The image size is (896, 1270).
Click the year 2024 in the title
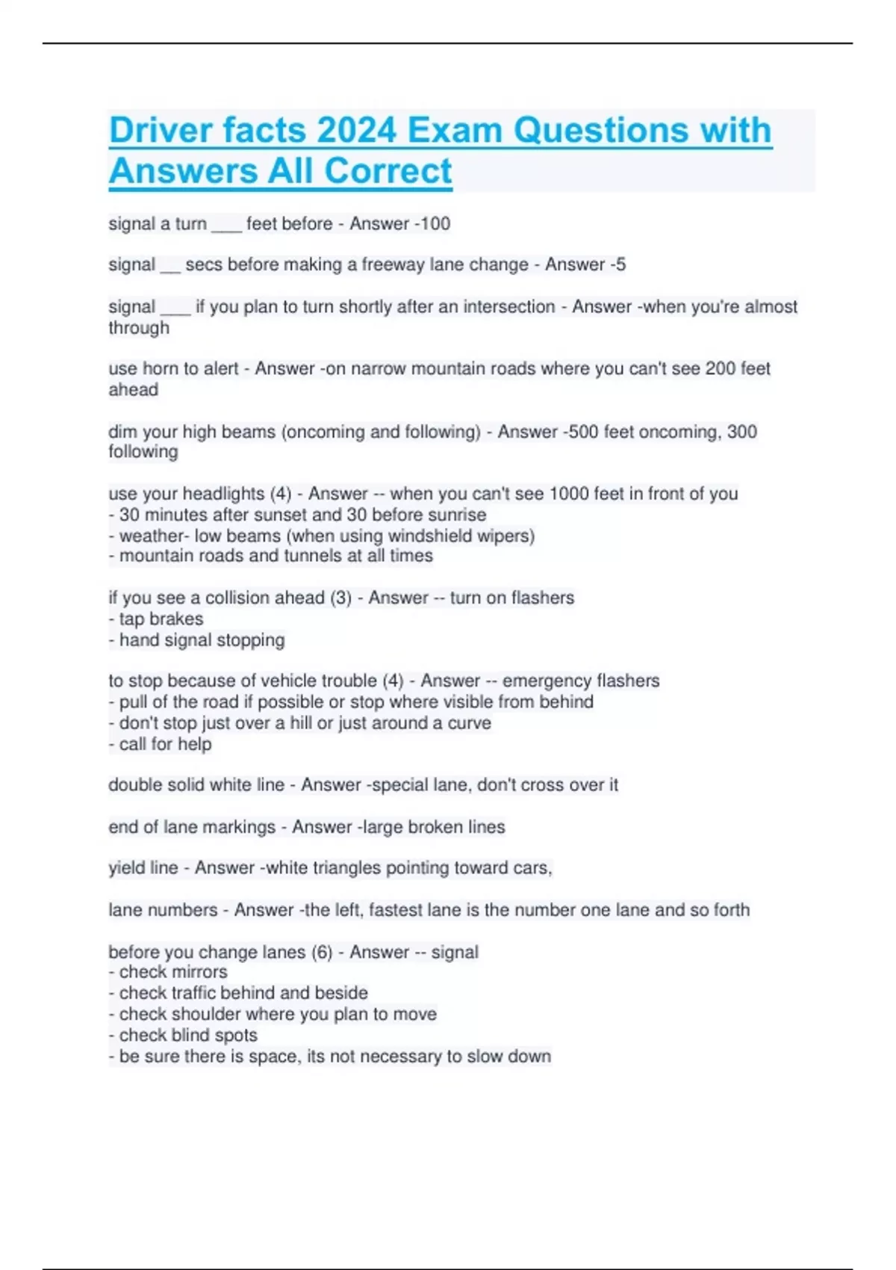pos(356,130)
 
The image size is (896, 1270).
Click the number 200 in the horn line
pos(721,368)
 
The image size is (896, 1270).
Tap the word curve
pos(469,723)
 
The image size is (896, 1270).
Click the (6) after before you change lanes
pos(322,952)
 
